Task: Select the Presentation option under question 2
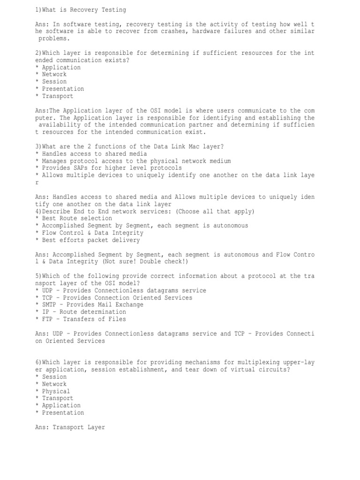click(x=63, y=89)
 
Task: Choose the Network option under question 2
click(x=54, y=74)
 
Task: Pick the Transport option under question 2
click(x=58, y=96)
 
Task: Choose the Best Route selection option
click(x=77, y=218)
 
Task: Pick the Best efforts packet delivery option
click(x=91, y=240)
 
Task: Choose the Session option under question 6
click(x=54, y=377)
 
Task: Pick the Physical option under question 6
click(x=56, y=391)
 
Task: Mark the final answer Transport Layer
click(x=79, y=427)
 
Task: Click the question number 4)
click(x=38, y=211)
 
